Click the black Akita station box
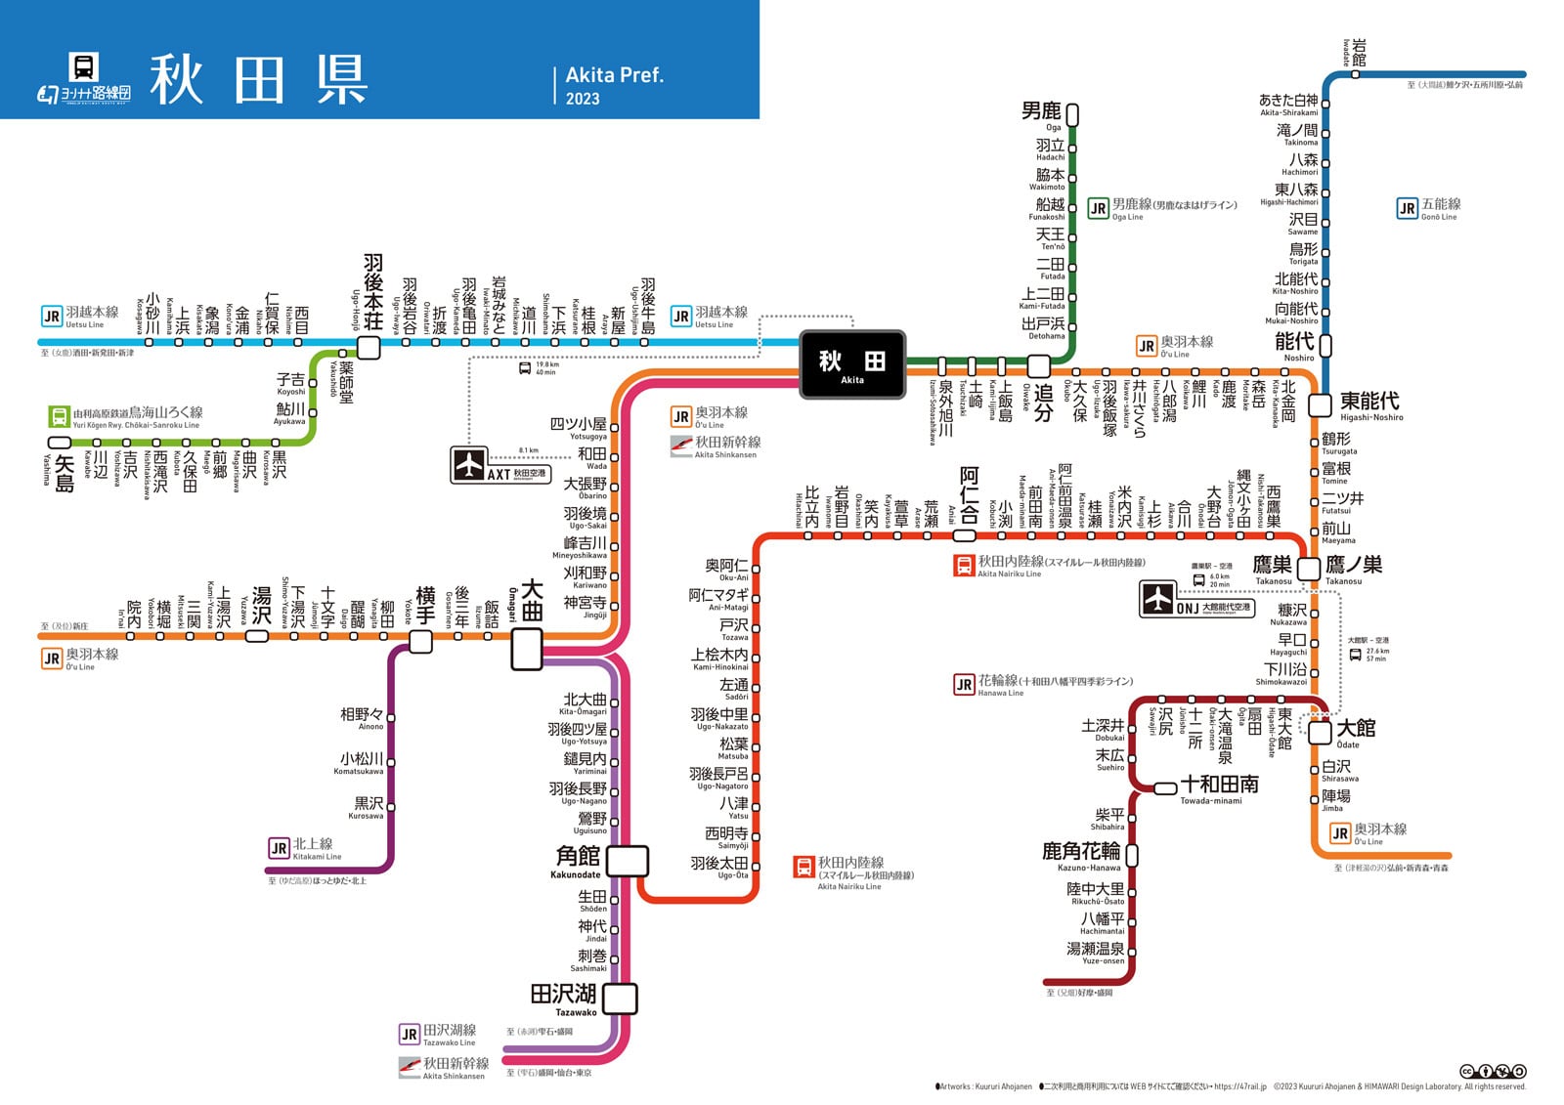[851, 364]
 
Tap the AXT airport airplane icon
[469, 465]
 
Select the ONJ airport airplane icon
[1158, 598]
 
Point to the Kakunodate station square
[627, 861]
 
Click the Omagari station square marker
[527, 649]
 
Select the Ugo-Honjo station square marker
[369, 347]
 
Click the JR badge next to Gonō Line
[1407, 208]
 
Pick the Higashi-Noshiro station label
[1368, 403]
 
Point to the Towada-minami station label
[1219, 786]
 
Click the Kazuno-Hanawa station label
[1080, 854]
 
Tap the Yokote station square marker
[420, 641]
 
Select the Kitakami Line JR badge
[279, 848]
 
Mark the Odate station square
[1320, 733]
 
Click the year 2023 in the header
[583, 99]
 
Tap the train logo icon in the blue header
[84, 66]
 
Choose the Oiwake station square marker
[1038, 366]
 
